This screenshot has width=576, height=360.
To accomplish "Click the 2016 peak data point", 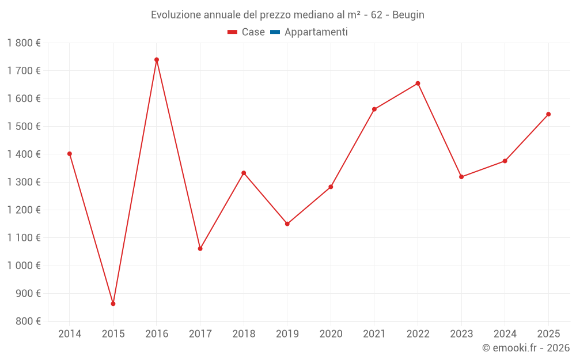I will pos(157,60).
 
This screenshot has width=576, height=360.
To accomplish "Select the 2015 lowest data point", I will pos(113,304).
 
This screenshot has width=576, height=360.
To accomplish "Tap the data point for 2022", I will pos(418,84).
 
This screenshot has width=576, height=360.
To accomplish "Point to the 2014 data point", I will pos(70,154).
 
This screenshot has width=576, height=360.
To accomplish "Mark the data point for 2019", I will pos(287,224).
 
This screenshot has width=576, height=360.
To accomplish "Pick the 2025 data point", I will pos(548,114).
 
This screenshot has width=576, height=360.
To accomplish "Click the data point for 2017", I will pos(200,249).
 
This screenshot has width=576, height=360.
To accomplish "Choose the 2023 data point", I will pos(461,177).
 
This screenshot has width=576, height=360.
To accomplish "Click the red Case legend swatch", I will pos(233,32).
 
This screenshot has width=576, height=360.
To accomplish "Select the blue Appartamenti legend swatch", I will pos(275,32).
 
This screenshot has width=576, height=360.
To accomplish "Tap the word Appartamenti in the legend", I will pos(316,32).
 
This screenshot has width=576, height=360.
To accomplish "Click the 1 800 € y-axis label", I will pos(24,43).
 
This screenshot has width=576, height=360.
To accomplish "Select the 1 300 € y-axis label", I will pos(24,182).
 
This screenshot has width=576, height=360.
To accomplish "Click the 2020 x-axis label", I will pos(331,334).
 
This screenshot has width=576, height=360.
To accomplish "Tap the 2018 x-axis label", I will pos(244,334).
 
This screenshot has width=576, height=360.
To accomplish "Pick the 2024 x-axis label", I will pos(505,334).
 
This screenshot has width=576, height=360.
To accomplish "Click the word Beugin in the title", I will pos(408,15).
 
